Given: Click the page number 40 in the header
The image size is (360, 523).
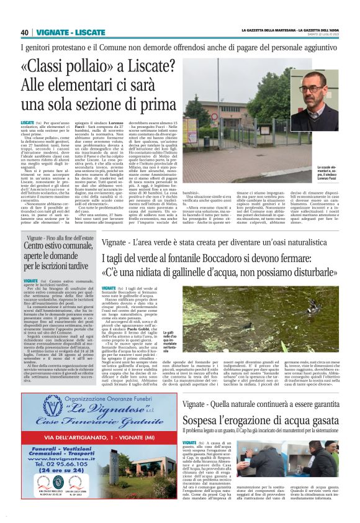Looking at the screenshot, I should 25,32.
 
